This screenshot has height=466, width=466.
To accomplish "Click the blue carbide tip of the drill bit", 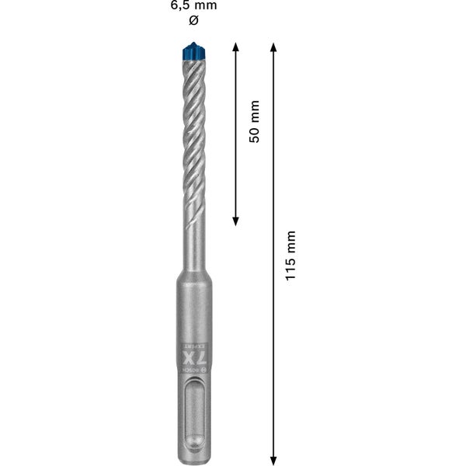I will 194,52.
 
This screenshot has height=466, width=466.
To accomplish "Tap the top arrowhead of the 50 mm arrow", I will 236,47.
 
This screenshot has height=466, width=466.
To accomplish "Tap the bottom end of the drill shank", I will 194,458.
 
